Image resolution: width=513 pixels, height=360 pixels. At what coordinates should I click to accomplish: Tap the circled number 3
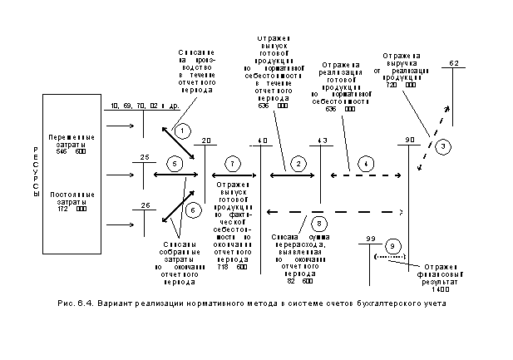pos(444,146)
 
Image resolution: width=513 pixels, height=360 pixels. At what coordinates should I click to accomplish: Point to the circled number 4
pos(363,164)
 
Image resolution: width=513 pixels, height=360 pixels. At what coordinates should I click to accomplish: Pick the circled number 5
pos(175,164)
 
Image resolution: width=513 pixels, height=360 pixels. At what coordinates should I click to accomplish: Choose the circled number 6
pos(192,210)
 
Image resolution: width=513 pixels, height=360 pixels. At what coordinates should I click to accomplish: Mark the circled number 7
pos(233,164)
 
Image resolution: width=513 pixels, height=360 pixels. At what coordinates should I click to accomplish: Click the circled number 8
pos(317,222)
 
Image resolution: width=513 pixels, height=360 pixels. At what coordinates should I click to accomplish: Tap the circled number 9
pos(393,247)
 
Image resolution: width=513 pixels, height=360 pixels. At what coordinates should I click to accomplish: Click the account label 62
pos(454,63)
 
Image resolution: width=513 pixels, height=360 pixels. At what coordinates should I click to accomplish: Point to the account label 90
pos(409,140)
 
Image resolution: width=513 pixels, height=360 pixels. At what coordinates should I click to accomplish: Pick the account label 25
pos(145,156)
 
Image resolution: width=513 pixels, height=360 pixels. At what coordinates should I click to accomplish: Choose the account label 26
pos(145,205)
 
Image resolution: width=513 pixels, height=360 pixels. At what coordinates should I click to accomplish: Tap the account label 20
pos(206,140)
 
